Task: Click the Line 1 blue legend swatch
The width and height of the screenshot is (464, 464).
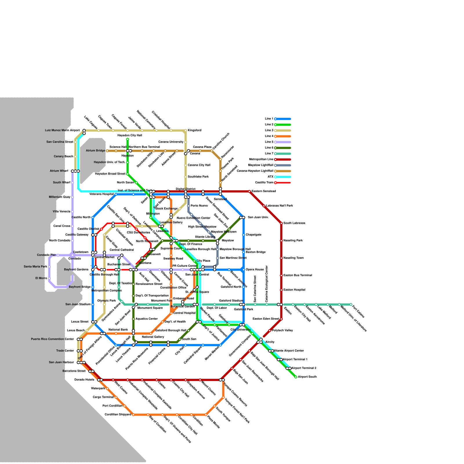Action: pos(283,119)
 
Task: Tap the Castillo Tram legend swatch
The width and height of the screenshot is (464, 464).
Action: pos(283,183)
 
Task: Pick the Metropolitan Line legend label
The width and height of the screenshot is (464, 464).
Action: pos(261,159)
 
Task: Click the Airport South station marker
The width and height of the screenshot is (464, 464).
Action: pos(296,377)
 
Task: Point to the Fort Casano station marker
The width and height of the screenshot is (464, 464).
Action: pos(351,304)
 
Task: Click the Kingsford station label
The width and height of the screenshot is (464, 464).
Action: pos(194,130)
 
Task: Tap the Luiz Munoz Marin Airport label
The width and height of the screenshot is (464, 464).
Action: pos(62,130)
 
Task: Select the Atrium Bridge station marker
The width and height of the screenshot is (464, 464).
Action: pos(107,151)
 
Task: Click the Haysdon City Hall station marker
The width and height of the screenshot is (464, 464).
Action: pos(128,139)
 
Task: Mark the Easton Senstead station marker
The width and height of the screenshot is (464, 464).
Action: pos(249,191)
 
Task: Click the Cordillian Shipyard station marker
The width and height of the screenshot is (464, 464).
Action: pos(133,415)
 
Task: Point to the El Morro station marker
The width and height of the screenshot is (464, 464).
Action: pos(49,278)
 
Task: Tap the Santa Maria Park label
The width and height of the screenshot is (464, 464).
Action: pos(35,267)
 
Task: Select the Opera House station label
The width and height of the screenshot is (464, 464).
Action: pos(255,270)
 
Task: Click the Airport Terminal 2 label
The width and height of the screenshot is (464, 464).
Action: pos(304,368)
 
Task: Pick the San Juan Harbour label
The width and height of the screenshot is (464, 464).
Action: pos(61,362)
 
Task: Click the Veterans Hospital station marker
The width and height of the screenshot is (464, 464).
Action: pos(116,194)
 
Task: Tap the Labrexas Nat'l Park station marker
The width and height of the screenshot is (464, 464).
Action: pos(264,206)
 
